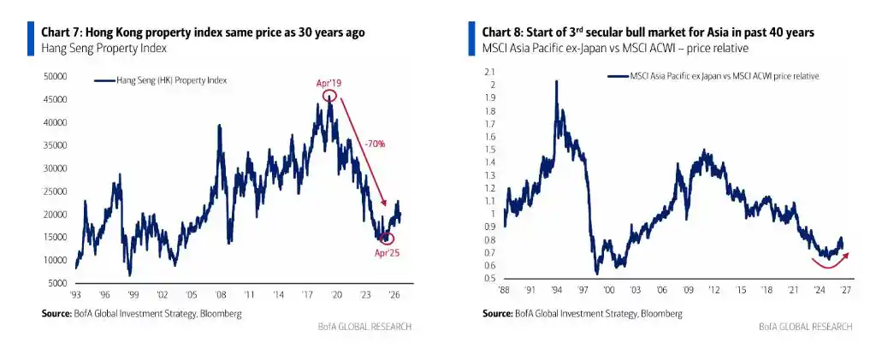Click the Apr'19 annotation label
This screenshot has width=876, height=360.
328,83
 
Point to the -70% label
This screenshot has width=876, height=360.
374,144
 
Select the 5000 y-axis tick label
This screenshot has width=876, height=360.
57,283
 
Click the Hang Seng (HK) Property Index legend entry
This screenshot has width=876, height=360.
162,80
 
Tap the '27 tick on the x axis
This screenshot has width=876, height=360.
846,291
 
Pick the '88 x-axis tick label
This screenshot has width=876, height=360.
503,291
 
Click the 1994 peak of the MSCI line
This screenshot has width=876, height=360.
556,81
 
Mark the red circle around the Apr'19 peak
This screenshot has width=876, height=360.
329,96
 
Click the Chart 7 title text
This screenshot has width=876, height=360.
204,32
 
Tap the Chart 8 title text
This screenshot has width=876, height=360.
648,32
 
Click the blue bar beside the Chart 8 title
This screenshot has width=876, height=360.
471,38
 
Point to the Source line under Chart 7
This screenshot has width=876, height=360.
142,314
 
